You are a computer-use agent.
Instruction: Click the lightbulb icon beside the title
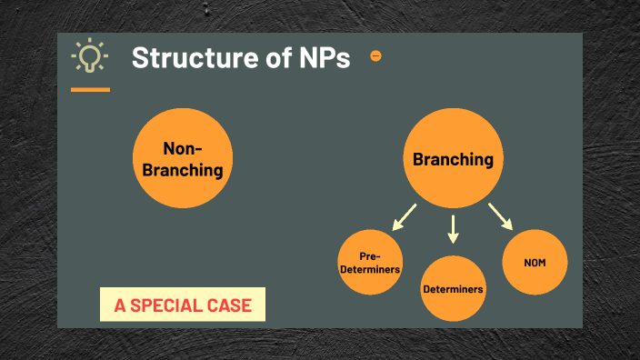[x=89, y=56]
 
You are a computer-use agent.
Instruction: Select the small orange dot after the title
[x=375, y=56]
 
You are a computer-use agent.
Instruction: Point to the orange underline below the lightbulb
[x=90, y=89]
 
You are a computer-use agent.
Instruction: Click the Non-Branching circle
[x=180, y=159]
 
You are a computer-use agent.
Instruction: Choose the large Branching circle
[x=453, y=159]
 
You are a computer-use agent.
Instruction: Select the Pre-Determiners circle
[x=370, y=264]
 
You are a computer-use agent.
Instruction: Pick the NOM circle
[x=535, y=262]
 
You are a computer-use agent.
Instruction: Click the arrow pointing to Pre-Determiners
[x=404, y=216]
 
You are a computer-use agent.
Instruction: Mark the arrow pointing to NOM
[x=500, y=216]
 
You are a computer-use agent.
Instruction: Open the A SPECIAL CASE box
[x=182, y=305]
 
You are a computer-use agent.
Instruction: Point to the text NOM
[x=535, y=263]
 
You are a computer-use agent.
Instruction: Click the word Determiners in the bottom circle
[x=453, y=289]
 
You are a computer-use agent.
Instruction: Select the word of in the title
[x=275, y=57]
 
